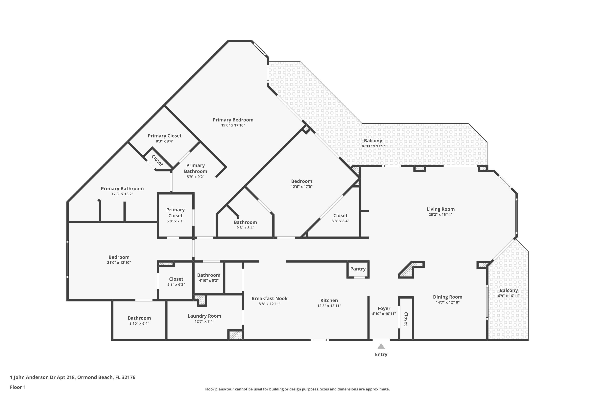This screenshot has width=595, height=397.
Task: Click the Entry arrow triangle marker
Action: (x=381, y=346)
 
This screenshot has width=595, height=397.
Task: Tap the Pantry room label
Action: (x=358, y=269)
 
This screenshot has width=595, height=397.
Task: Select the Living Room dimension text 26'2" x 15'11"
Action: (x=440, y=214)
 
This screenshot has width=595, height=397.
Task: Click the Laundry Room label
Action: (x=204, y=316)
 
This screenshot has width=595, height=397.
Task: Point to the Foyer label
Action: (x=384, y=308)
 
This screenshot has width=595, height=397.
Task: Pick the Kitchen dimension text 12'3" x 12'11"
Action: (x=329, y=306)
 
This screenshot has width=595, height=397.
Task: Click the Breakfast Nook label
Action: (x=269, y=299)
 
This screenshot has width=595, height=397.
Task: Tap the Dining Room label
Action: (x=447, y=297)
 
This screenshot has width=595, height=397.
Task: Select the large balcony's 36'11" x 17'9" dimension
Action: (x=373, y=146)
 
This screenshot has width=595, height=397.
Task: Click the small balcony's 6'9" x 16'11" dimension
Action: (x=509, y=296)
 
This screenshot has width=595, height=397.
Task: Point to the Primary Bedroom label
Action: (x=233, y=120)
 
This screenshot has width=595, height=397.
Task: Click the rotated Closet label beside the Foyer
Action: (x=406, y=319)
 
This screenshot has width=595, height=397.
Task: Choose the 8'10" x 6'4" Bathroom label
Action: (x=139, y=318)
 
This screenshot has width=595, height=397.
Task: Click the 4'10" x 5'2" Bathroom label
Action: (x=209, y=275)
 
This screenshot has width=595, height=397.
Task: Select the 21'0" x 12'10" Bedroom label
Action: (x=119, y=257)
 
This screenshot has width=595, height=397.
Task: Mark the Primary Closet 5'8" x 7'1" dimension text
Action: (x=175, y=221)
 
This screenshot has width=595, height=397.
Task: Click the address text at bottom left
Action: (x=73, y=377)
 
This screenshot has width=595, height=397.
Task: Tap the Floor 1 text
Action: (x=18, y=387)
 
